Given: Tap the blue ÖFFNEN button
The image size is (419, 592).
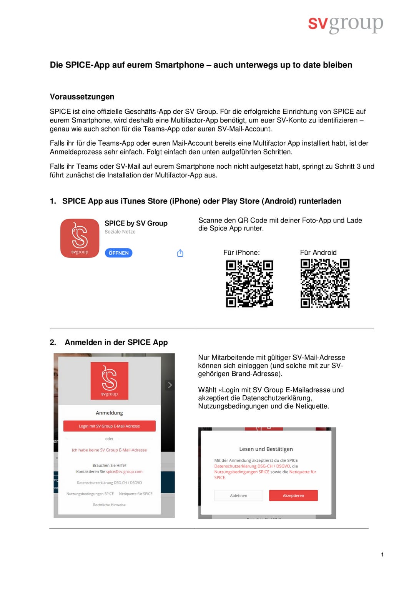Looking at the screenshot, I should click(118, 253).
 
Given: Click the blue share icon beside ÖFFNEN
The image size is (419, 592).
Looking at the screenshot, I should click(180, 253).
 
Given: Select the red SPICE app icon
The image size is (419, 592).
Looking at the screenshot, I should click(80, 238).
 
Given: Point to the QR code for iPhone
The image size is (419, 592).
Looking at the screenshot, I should click(249, 284).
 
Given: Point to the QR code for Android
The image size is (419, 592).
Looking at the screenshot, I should click(325, 284).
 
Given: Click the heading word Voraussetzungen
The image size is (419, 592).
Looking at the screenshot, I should click(82, 97).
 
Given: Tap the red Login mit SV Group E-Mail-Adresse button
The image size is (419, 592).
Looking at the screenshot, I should click(109, 426).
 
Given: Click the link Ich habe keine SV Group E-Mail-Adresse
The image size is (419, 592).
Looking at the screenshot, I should click(109, 450).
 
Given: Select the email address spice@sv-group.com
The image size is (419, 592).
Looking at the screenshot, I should click(124, 472).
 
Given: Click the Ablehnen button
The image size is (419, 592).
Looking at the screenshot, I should click(238, 496).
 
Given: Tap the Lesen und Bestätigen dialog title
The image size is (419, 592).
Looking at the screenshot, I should click(266, 449).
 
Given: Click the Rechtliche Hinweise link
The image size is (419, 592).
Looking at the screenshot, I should click(109, 505).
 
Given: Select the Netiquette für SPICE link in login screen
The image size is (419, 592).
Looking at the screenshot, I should click(136, 494).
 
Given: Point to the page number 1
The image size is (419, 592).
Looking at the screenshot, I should click(382, 554).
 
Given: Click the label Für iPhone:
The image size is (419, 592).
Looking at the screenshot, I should click(241, 252).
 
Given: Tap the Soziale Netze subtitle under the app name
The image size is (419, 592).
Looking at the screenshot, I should click(120, 232).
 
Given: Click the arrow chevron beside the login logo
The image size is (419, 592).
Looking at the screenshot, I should click(170, 385).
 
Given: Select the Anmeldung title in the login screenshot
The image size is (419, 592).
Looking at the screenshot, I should click(109, 413).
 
